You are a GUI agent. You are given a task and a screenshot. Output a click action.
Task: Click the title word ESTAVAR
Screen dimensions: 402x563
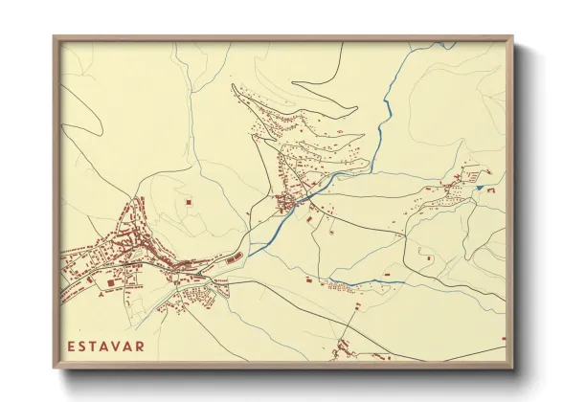pos(104,346)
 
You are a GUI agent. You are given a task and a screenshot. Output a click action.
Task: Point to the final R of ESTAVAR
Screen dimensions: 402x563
pos(139,346)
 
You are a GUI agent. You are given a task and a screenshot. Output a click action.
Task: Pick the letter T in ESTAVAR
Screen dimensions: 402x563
pos(93,346)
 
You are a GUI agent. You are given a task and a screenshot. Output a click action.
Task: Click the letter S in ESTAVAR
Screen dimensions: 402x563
pos(81,346)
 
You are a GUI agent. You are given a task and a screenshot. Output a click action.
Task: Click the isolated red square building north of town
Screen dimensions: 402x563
pos(189,202)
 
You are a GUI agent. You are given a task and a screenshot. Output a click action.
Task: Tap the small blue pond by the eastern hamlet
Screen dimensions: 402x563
pos(481,188)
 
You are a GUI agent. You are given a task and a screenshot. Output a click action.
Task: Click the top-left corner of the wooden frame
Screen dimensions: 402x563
pos(54,37)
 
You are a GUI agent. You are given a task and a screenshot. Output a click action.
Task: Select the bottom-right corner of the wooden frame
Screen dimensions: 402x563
pos(512,368)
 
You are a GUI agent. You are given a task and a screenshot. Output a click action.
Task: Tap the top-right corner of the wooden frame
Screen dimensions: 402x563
pos(512,37)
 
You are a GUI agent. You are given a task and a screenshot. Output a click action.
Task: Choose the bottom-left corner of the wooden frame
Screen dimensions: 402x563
pos(54,368)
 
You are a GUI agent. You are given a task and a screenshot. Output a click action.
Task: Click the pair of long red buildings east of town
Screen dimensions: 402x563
pos(234,257)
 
